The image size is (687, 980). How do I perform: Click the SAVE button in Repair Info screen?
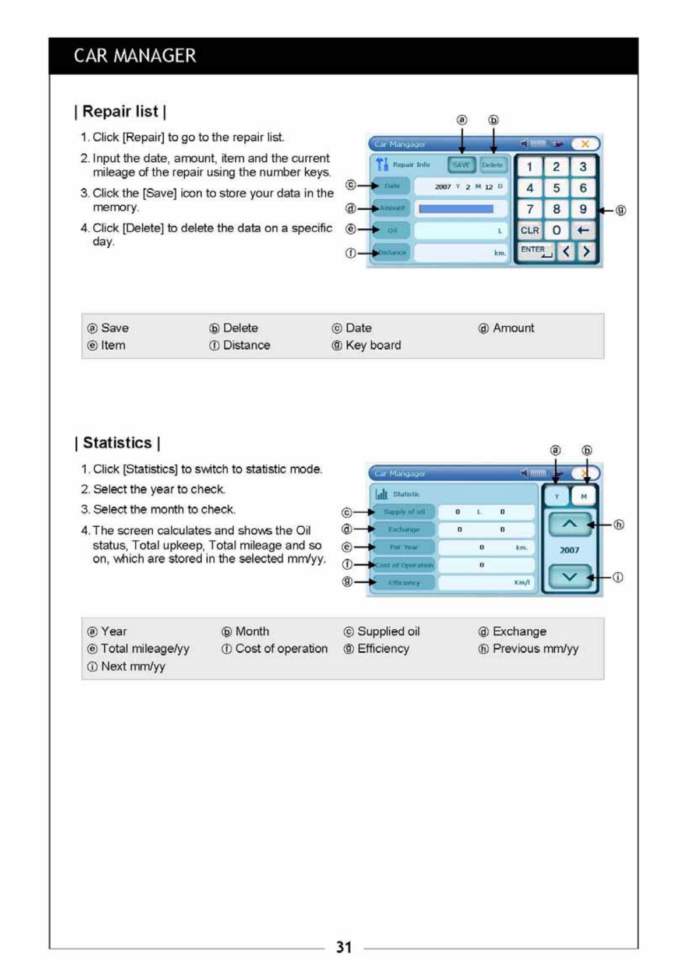461,165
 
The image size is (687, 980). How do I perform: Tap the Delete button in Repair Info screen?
492,165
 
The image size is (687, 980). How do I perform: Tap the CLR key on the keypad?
530,230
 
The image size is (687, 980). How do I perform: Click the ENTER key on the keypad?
535,251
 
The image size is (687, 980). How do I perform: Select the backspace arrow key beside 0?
583,230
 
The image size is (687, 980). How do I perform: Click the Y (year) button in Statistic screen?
556,496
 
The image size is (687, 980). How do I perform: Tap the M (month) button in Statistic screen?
584,496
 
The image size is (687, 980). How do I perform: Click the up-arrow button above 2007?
569,524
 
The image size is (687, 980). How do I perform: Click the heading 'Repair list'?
121,111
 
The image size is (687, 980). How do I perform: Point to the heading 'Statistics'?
118,443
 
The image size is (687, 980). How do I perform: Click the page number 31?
344,947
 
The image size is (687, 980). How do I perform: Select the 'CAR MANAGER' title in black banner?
135,56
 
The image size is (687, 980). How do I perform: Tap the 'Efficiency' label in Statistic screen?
404,583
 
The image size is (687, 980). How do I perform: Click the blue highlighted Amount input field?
456,209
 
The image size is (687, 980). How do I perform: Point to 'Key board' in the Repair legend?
373,345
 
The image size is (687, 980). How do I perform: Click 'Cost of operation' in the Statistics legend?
281,648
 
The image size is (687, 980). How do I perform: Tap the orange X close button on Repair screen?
585,144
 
